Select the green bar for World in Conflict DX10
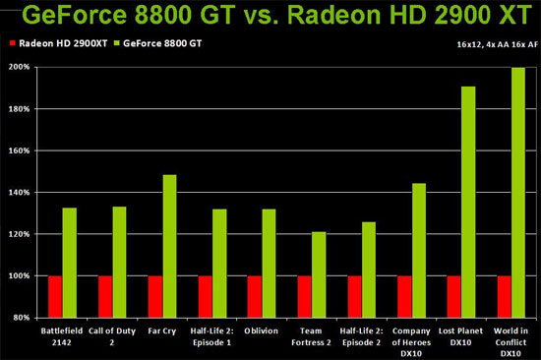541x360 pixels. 518,193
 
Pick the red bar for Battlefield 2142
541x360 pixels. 55,297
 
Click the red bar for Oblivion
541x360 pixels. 255,297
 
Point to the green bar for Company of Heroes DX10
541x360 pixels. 419,250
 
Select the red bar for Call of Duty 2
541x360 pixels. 105,297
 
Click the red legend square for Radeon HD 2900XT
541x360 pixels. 12,45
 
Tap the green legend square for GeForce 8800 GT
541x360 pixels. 122,45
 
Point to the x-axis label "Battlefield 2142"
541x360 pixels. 62,338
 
